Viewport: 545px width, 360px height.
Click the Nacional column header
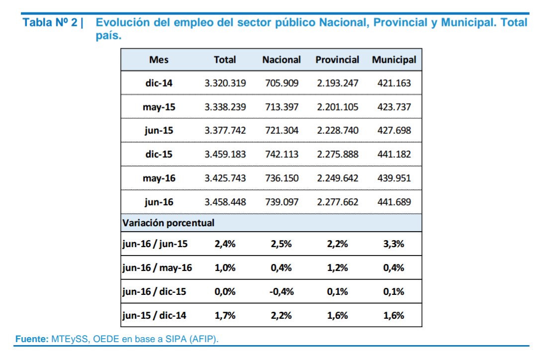pos(281,60)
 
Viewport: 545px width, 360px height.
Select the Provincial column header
pos(337,60)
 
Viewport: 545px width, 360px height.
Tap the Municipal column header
pos(394,60)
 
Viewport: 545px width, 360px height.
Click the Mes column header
pos(159,60)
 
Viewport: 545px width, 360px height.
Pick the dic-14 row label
pos(159,83)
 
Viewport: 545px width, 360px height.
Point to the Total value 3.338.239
pos(225,107)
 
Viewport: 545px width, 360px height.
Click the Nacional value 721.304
pos(281,131)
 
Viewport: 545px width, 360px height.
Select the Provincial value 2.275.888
pos(337,154)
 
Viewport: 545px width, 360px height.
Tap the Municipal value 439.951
pos(394,178)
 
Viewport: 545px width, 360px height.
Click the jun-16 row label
pos(159,202)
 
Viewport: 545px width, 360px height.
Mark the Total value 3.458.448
pos(225,202)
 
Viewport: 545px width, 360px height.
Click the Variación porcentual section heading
pos(168,223)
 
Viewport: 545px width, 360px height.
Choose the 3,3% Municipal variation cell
pos(394,244)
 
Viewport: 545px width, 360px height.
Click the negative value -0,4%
pos(281,291)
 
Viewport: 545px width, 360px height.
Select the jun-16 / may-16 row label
pos(157,268)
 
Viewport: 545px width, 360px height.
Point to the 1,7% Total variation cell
pos(225,315)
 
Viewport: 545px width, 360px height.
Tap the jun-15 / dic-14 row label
pos(154,315)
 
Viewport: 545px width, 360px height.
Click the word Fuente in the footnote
pos(31,339)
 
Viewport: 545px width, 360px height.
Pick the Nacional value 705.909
pos(281,83)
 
